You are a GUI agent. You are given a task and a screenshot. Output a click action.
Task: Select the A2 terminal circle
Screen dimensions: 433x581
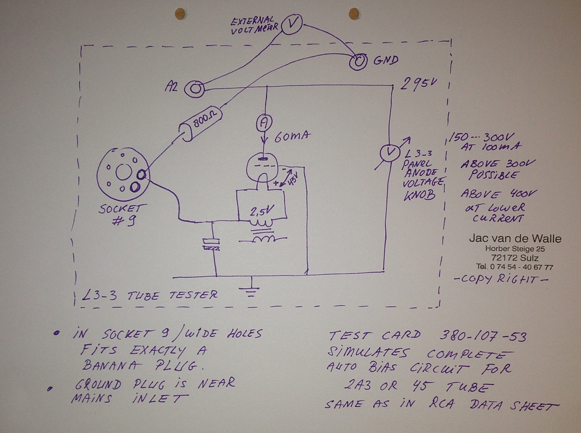[194, 88]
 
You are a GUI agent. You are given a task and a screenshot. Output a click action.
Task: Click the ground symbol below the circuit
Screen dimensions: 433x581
[251, 288]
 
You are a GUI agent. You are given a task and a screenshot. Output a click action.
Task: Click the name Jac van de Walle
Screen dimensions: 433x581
[515, 239]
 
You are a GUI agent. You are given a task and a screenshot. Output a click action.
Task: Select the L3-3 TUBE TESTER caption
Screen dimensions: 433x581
[151, 295]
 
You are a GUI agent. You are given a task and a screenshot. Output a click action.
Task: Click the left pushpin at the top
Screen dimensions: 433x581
[180, 12]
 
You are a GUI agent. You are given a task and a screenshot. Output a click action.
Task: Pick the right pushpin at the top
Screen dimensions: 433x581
[353, 13]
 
